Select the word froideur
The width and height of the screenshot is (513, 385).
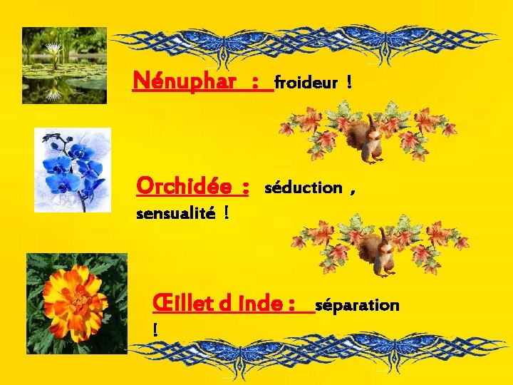coord(306,83)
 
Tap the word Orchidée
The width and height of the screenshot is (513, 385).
coord(183,187)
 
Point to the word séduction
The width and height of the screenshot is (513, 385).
coord(304,188)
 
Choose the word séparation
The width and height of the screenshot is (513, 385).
coord(357,305)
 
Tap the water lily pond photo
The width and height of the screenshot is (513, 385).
coord(64,66)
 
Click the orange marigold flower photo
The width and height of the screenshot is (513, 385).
coord(76,303)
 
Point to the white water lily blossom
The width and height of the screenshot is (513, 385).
coord(54,50)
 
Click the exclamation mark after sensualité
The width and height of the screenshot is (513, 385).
coord(226,212)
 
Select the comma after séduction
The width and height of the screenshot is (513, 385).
coord(353,191)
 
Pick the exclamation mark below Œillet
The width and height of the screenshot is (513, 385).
coord(155,329)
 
